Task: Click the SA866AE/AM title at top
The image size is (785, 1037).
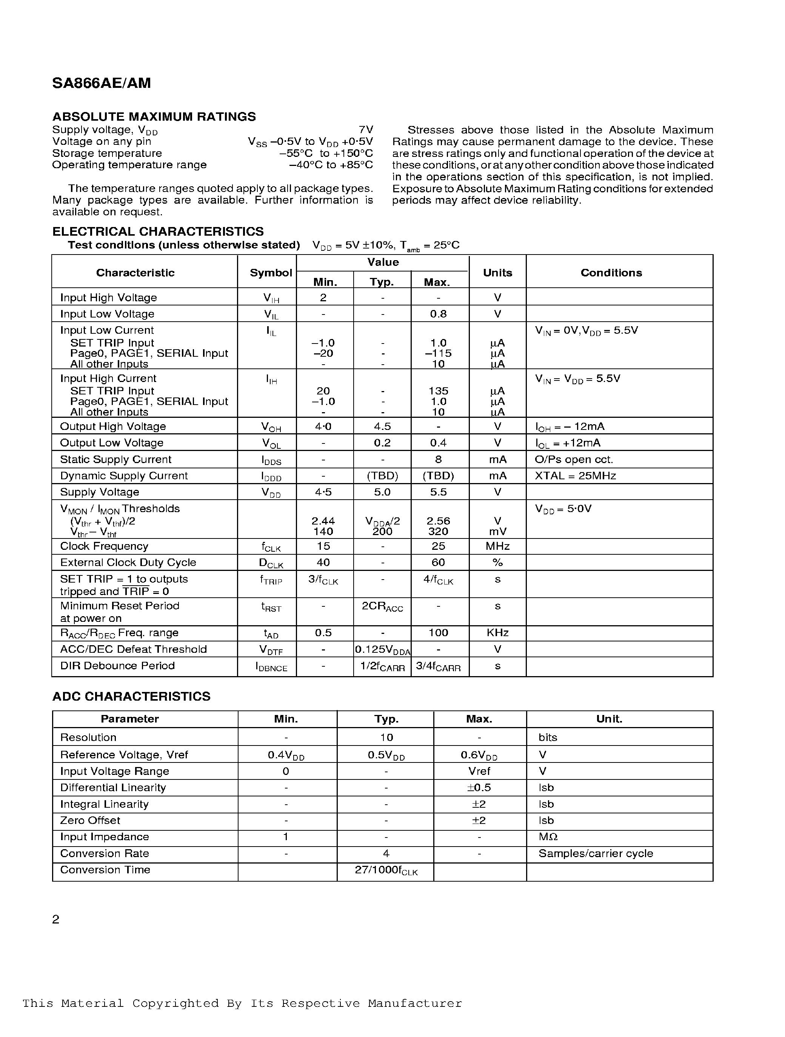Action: (102, 83)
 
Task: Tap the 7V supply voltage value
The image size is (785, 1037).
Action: (366, 129)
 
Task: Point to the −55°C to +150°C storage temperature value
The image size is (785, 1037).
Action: (326, 153)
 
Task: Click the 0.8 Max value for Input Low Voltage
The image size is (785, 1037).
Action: (438, 314)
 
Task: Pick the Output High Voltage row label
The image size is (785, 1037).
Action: (113, 426)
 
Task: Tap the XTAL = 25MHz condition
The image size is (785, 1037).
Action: (575, 476)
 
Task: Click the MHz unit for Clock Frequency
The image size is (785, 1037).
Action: (497, 546)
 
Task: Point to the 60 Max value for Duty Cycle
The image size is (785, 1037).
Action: (438, 562)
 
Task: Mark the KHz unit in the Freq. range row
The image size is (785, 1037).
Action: (497, 632)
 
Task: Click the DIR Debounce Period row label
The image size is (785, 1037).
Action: (117, 665)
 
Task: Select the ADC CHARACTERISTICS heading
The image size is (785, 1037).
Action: (131, 696)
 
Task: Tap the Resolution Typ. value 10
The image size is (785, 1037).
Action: (386, 737)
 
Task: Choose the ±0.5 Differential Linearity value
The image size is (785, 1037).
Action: (479, 787)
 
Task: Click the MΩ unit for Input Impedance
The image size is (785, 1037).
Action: (548, 836)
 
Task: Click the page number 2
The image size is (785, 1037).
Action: (56, 919)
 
